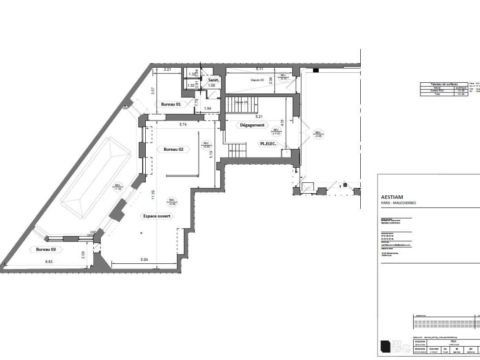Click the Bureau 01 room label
170,104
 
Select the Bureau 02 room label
173,149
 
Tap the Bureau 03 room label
46,249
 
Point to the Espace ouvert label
157,215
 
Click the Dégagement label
252,125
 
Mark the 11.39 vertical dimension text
153,195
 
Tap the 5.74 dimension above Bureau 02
183,124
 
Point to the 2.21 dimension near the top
167,69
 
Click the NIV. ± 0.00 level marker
276,131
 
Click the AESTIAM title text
391,197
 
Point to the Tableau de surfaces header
443,84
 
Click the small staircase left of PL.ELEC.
237,149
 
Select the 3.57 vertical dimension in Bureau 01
154,90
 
